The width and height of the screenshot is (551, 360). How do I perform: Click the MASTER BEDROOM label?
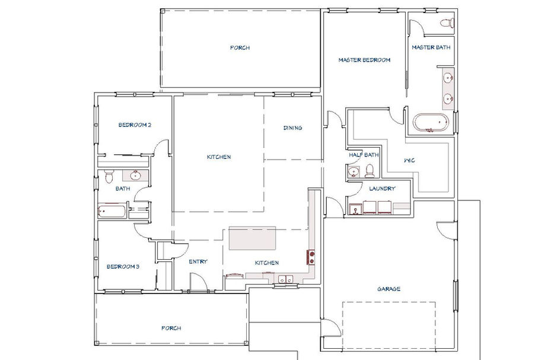[364, 60]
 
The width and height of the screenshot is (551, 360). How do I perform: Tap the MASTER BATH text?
[431, 47]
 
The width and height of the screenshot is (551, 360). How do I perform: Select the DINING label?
[293, 128]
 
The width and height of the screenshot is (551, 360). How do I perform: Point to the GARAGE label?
[388, 289]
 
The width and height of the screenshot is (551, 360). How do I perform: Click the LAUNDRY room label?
[382, 189]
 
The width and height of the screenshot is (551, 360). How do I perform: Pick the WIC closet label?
[409, 161]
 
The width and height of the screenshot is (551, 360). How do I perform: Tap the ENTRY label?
[198, 262]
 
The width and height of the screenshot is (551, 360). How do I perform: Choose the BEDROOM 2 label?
[135, 125]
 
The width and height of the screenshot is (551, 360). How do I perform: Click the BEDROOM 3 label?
[123, 266]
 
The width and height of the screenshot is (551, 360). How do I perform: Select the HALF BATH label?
[364, 155]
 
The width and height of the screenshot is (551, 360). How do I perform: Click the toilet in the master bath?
[447, 23]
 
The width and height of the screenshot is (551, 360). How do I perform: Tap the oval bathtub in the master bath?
[431, 123]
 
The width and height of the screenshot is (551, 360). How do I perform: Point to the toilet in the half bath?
[370, 171]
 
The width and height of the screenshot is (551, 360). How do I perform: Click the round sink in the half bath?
[353, 172]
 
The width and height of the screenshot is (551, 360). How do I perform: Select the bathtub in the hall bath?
[112, 211]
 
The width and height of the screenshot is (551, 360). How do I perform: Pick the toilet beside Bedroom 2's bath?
[109, 176]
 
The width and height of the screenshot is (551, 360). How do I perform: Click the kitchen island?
[252, 238]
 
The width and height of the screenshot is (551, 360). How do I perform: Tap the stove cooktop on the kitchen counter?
[311, 257]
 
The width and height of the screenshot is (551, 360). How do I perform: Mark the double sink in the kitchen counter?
[285, 279]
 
